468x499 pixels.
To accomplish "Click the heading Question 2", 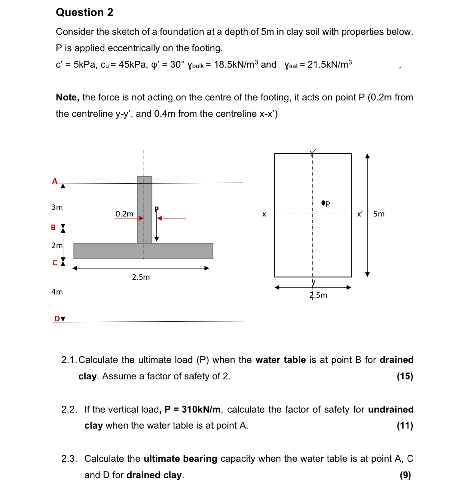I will coord(84,12).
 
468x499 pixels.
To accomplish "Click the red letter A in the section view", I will coord(55,181).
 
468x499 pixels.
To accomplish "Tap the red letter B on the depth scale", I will coord(53,228).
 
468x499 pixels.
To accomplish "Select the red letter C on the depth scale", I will coord(55,263).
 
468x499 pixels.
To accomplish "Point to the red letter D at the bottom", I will coord(57,319).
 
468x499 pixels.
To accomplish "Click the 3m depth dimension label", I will coord(57,207).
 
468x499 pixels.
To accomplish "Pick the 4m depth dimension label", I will coord(57,292).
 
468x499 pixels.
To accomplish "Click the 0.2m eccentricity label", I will coord(124,214).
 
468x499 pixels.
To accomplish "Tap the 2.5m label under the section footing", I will coord(141,277).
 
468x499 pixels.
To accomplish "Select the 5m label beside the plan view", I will coord(379,214).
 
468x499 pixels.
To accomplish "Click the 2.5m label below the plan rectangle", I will coord(318,295).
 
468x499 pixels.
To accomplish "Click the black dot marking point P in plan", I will coord(323,203).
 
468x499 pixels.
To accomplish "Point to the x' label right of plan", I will coord(360,214).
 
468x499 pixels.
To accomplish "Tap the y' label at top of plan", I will coord(313,152).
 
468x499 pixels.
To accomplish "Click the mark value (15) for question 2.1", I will coord(405,376).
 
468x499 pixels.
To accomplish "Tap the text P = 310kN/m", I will coord(192,409).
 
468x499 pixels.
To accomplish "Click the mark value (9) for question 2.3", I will coord(405,475).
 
